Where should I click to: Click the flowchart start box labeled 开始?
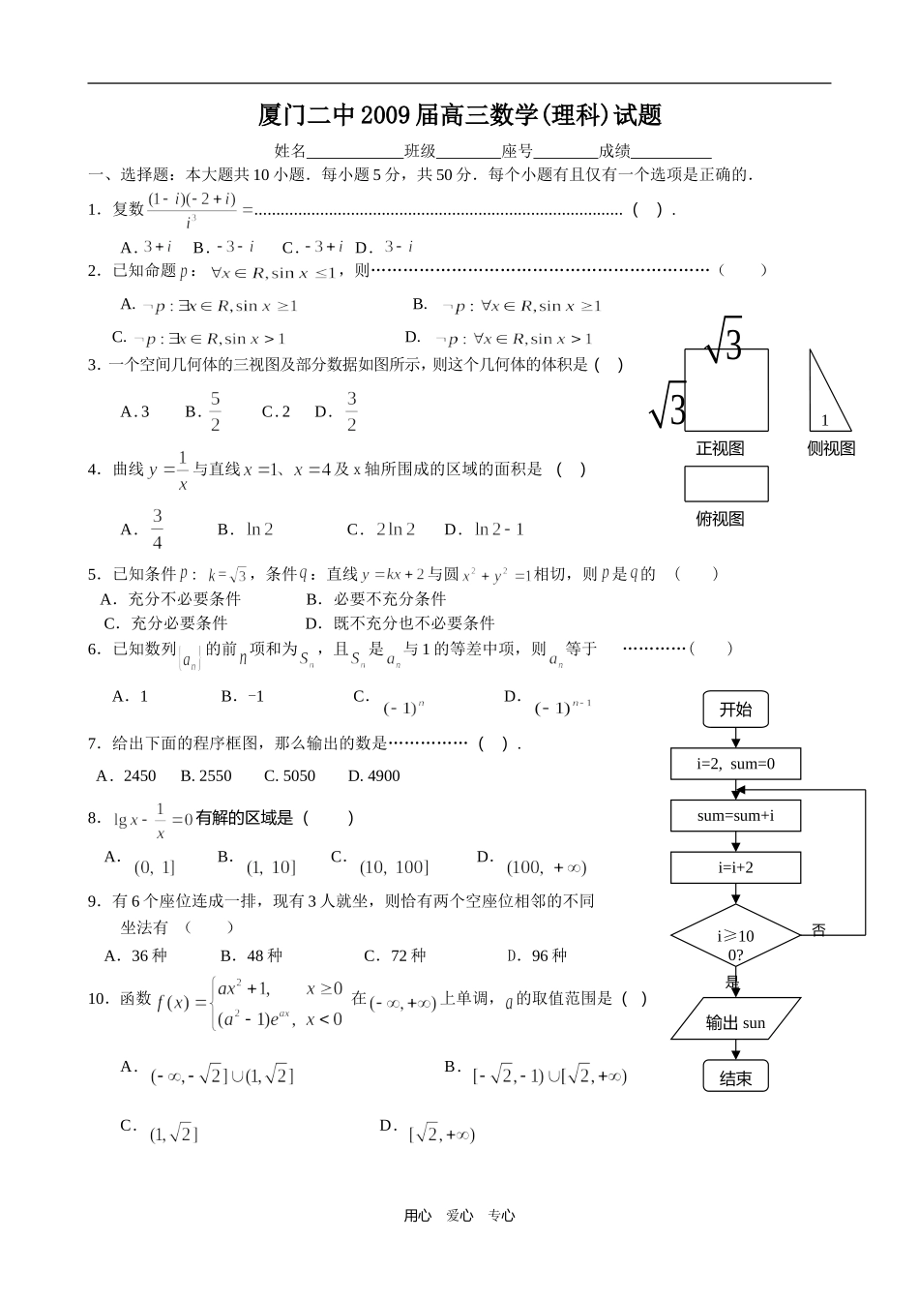coord(735,710)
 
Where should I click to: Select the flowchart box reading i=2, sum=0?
coord(735,764)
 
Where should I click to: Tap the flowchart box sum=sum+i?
coord(735,815)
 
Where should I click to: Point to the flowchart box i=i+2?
coord(735,867)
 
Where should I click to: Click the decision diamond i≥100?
coord(735,935)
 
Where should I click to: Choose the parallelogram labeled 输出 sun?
coord(735,1022)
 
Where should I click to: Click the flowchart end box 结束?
coord(735,1077)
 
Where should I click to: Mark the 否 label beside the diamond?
coord(818,930)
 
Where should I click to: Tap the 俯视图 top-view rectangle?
coord(726,484)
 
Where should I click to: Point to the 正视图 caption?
coord(720,448)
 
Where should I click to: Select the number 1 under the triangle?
coord(824,420)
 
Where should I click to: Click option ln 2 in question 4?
coord(259,529)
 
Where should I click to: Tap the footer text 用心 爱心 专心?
coord(459,1216)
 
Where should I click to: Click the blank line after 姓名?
coord(354,151)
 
